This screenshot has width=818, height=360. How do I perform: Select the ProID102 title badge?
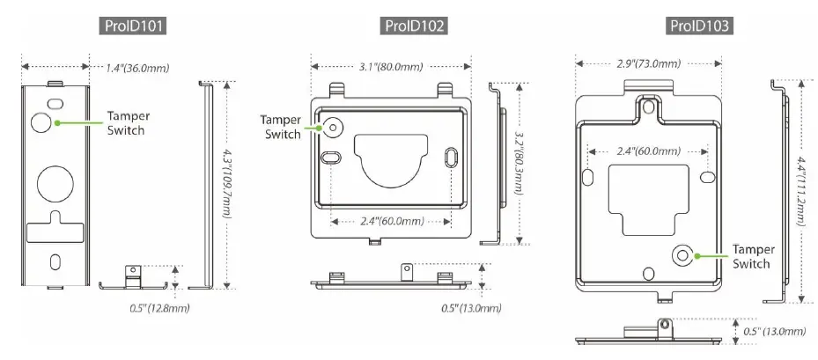[x=416, y=26]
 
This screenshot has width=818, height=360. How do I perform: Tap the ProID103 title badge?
[x=699, y=26]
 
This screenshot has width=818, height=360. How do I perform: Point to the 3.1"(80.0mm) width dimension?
[x=391, y=68]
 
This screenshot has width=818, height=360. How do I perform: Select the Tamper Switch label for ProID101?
[x=126, y=123]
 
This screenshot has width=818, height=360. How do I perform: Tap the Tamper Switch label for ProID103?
[x=753, y=257]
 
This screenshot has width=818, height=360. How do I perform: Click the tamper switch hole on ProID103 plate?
[x=682, y=255]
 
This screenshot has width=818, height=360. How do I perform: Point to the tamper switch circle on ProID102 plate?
[x=333, y=127]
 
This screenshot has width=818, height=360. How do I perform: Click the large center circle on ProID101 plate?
[x=55, y=181]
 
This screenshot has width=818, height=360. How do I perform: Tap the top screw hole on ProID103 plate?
[x=648, y=107]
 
